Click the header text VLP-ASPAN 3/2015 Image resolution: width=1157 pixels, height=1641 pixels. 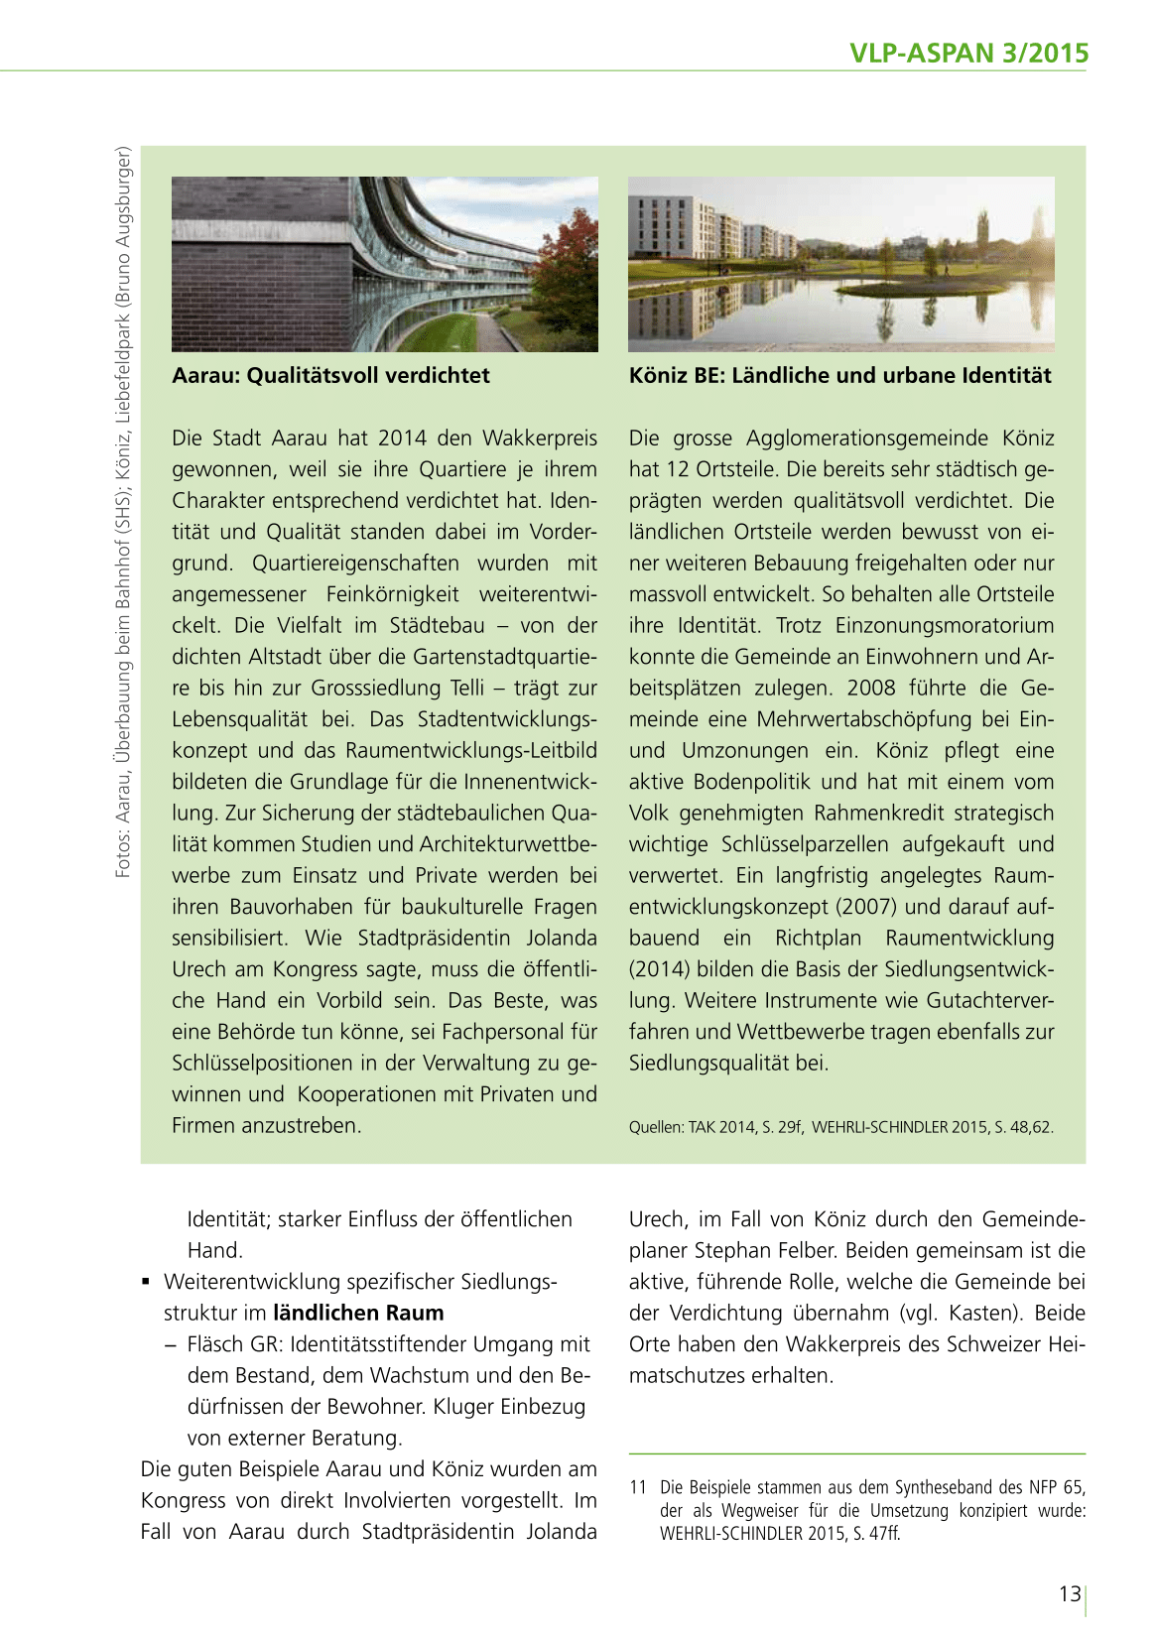968,53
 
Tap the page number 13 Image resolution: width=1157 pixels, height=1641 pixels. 1069,1593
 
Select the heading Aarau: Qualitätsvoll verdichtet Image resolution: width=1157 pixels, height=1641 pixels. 330,375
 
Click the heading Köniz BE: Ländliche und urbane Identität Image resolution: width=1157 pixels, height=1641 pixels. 839,375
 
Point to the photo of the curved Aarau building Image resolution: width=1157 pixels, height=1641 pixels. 384,264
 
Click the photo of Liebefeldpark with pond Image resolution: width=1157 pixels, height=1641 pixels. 840,264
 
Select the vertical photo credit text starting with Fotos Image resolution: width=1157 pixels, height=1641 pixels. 123,511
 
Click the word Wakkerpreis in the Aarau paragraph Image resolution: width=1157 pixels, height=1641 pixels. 540,438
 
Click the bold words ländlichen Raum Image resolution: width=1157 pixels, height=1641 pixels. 358,1313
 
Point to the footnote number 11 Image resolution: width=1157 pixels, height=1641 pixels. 637,1487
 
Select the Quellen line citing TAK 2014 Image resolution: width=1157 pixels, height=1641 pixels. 840,1127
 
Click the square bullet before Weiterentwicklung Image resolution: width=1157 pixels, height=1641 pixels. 146,1282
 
